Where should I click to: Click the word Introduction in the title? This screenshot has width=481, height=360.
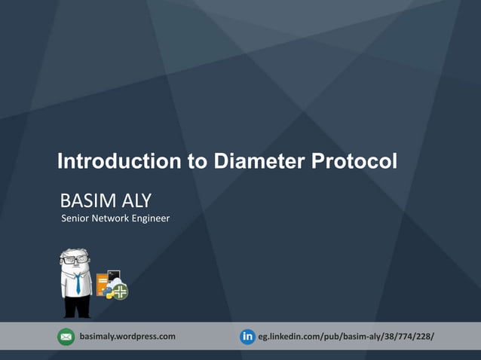(118, 162)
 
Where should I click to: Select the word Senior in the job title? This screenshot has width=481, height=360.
(75, 218)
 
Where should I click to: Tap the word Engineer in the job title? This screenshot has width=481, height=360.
(152, 218)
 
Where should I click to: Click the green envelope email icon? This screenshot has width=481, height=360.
(66, 337)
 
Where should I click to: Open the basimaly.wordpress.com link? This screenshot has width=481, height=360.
(127, 336)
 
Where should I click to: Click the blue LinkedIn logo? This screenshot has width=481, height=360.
(247, 337)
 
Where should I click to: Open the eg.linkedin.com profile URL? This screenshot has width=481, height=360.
(346, 336)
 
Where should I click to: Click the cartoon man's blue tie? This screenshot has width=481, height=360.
(77, 283)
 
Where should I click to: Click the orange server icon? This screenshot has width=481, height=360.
(103, 285)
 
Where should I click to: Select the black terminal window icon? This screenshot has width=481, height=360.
(115, 276)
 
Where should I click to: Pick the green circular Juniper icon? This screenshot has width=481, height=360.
(120, 291)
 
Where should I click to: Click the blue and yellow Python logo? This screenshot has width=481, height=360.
(109, 292)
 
